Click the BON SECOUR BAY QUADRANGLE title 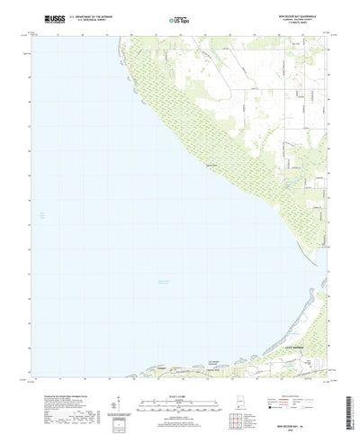[292, 15]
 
